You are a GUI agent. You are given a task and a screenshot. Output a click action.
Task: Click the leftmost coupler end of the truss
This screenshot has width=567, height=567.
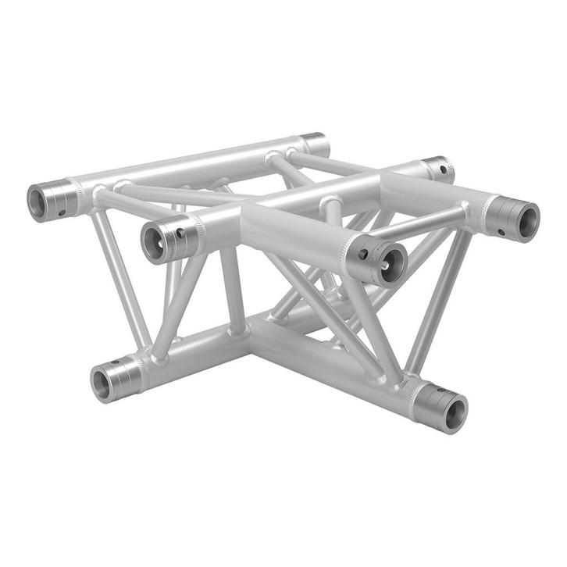(48, 201)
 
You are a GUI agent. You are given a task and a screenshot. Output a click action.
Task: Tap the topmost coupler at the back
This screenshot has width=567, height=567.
(314, 144)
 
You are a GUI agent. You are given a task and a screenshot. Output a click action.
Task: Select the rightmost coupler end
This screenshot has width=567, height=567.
(515, 218)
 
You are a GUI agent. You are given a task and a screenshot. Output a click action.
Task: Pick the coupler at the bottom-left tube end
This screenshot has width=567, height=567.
(114, 380)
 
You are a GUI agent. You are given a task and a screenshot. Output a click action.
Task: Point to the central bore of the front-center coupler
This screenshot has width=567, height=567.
(387, 263)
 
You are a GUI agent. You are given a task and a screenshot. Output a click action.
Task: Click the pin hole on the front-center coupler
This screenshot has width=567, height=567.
(363, 255)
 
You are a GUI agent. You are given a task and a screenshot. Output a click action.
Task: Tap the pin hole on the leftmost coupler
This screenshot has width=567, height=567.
(62, 211)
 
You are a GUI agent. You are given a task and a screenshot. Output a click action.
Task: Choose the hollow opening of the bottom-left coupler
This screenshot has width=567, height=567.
(102, 383)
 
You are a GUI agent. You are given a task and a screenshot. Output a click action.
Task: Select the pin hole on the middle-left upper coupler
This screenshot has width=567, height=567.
(180, 233)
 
